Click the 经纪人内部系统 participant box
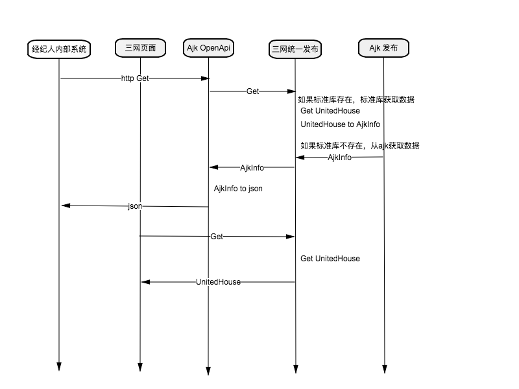coord(59,49)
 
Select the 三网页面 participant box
coord(140,48)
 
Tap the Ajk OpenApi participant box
coord(208,48)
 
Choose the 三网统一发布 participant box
coord(295,49)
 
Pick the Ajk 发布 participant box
coord(383,48)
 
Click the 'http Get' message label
coord(135,78)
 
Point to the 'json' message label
coord(135,206)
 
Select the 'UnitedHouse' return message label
coord(218,282)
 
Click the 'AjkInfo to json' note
coord(238,189)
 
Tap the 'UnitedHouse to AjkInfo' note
coord(340,124)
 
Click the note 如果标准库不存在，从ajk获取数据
coord(360,145)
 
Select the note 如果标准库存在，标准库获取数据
coord(356,100)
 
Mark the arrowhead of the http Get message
coord(205,78)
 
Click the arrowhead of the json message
coord(66,206)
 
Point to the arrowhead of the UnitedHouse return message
coord(145,282)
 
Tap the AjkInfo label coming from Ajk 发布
coord(339,158)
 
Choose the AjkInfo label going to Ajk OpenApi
coord(252,168)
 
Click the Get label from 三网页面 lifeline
coord(217,237)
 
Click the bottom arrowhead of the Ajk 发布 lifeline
coord(384,369)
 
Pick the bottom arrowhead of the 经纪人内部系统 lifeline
coord(59,366)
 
